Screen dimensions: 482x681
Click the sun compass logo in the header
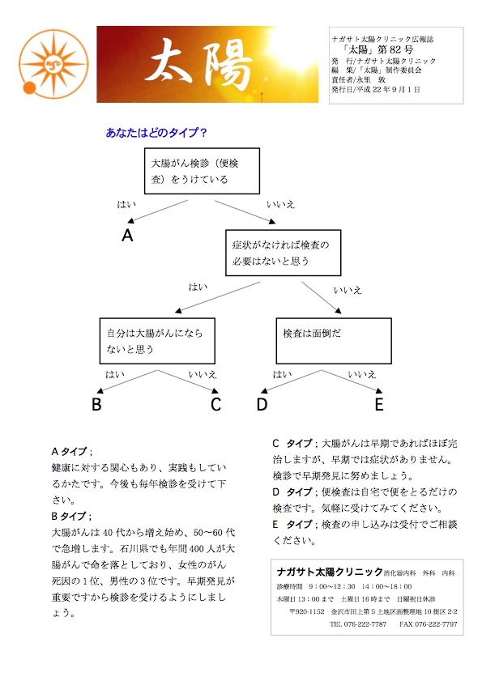[x=53, y=64]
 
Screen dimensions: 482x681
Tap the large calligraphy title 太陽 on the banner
[x=198, y=65]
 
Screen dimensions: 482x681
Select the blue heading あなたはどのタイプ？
[x=156, y=133]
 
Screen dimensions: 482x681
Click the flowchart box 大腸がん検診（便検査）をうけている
[x=202, y=171]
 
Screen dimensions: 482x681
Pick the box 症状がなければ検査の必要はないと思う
[x=283, y=253]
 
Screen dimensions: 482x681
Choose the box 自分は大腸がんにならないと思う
[x=157, y=341]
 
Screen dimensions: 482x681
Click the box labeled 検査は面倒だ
[x=334, y=341]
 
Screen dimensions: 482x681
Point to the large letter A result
[x=127, y=236]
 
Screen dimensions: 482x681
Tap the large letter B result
[x=96, y=404]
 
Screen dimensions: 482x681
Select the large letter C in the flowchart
[x=215, y=404]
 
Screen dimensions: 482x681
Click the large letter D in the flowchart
[x=262, y=404]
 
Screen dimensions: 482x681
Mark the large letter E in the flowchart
[x=379, y=404]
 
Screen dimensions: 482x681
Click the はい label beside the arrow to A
[x=126, y=204]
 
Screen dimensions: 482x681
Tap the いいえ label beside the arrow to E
[x=362, y=374]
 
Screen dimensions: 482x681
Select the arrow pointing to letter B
[x=126, y=381]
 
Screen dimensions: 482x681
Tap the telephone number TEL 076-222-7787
[x=358, y=624]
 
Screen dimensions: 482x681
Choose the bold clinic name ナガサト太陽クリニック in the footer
[x=330, y=572]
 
